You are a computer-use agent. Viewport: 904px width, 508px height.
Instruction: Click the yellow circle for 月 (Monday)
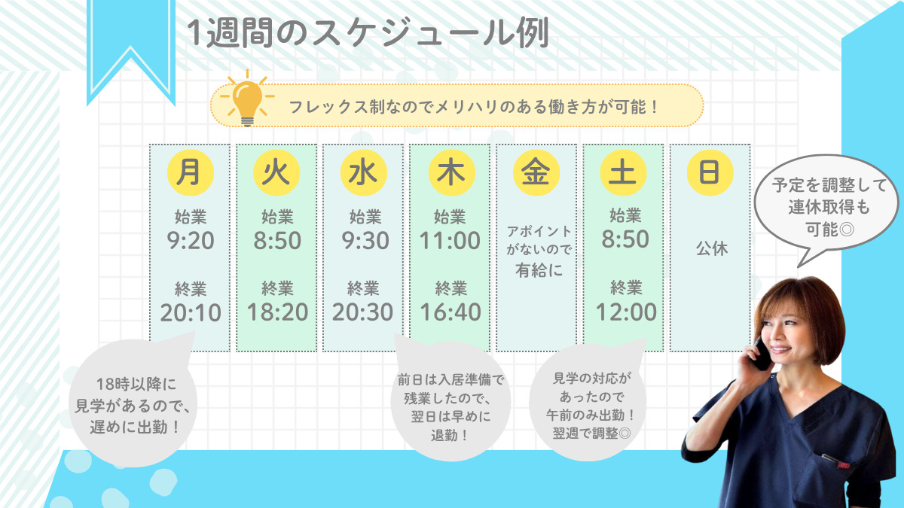point(191,172)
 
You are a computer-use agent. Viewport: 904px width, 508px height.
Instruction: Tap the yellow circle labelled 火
point(277,172)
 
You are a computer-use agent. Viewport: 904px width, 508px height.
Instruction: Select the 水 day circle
point(364,172)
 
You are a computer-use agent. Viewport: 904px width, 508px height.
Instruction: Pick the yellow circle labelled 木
point(451,172)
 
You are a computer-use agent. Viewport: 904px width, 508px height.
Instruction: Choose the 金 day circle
point(536,172)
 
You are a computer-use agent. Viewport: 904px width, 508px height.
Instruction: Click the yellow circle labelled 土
point(623,172)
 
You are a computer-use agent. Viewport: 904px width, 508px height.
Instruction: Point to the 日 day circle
point(710,172)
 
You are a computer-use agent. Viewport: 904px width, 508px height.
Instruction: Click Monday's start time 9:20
point(191,241)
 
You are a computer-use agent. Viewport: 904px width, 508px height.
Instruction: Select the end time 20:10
point(191,312)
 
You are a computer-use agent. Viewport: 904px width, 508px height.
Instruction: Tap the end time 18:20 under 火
point(278,312)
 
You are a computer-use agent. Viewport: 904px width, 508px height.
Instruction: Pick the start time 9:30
point(365,241)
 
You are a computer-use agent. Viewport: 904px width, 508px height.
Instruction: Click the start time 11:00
point(450,241)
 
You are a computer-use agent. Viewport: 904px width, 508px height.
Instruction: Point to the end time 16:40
point(450,312)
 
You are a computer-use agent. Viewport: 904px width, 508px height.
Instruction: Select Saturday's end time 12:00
point(626,312)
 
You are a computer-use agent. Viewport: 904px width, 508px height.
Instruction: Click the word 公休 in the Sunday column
point(712,248)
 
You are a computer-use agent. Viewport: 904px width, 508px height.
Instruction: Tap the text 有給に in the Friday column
point(539,270)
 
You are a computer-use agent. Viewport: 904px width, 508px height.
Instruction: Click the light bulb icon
point(247,99)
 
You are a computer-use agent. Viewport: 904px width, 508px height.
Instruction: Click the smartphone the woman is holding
point(760,354)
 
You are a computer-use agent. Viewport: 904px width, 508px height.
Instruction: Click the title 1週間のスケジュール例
point(368,32)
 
